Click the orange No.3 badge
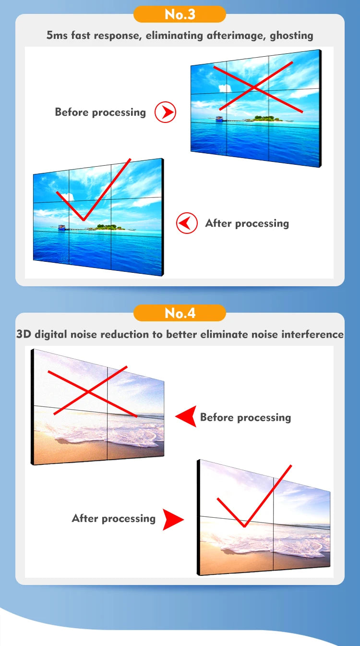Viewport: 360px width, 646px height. [180, 14]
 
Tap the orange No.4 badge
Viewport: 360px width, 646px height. [180, 313]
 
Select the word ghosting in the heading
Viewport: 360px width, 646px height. [291, 35]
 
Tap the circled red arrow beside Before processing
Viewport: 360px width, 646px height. [166, 112]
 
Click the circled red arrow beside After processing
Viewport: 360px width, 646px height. [187, 223]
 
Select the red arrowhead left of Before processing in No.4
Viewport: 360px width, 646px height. [186, 416]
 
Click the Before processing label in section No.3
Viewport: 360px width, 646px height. [100, 112]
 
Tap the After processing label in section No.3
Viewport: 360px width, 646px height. [247, 223]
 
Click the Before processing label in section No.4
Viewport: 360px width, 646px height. [245, 417]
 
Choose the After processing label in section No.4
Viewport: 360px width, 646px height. [114, 519]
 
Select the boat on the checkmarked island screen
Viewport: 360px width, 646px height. [62, 227]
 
